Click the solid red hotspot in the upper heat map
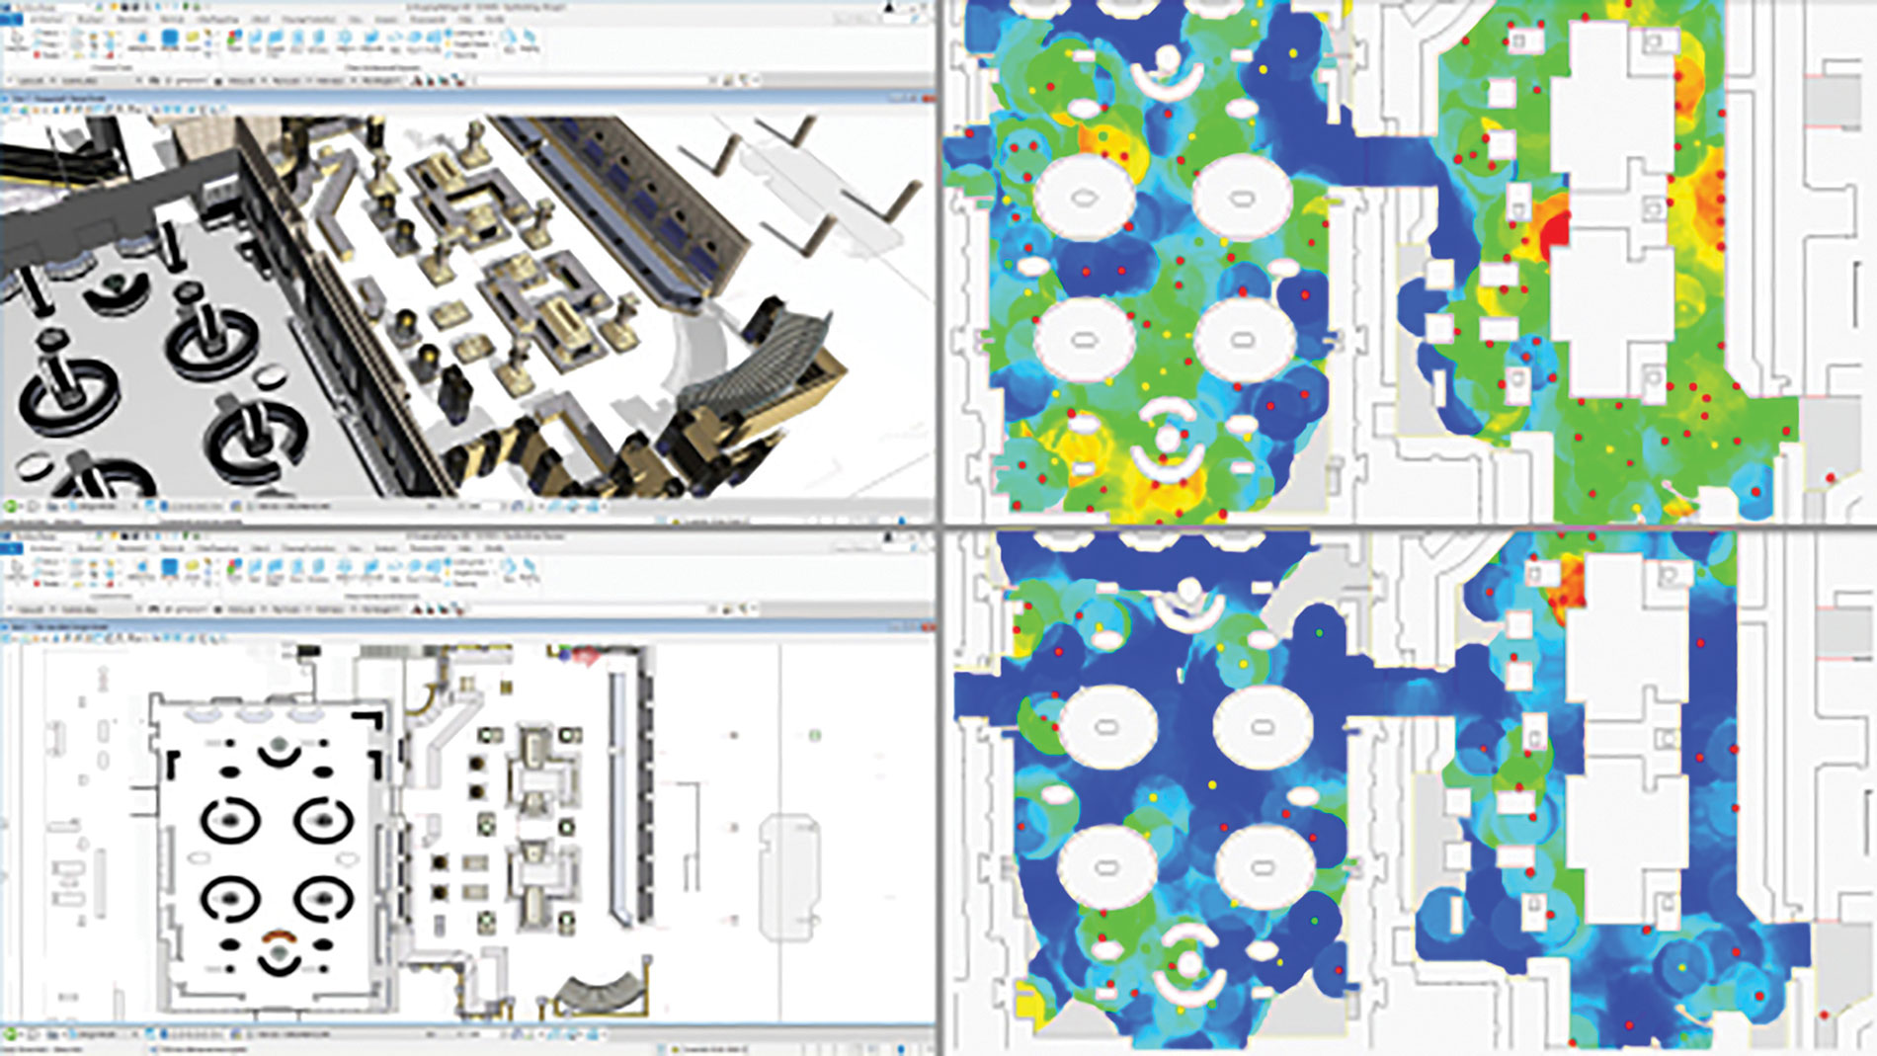[1555, 230]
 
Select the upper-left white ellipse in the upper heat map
[1084, 196]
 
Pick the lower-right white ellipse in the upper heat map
[1243, 339]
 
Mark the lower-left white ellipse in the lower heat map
[1106, 868]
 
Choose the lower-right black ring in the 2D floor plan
[323, 899]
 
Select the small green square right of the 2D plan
[815, 736]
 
